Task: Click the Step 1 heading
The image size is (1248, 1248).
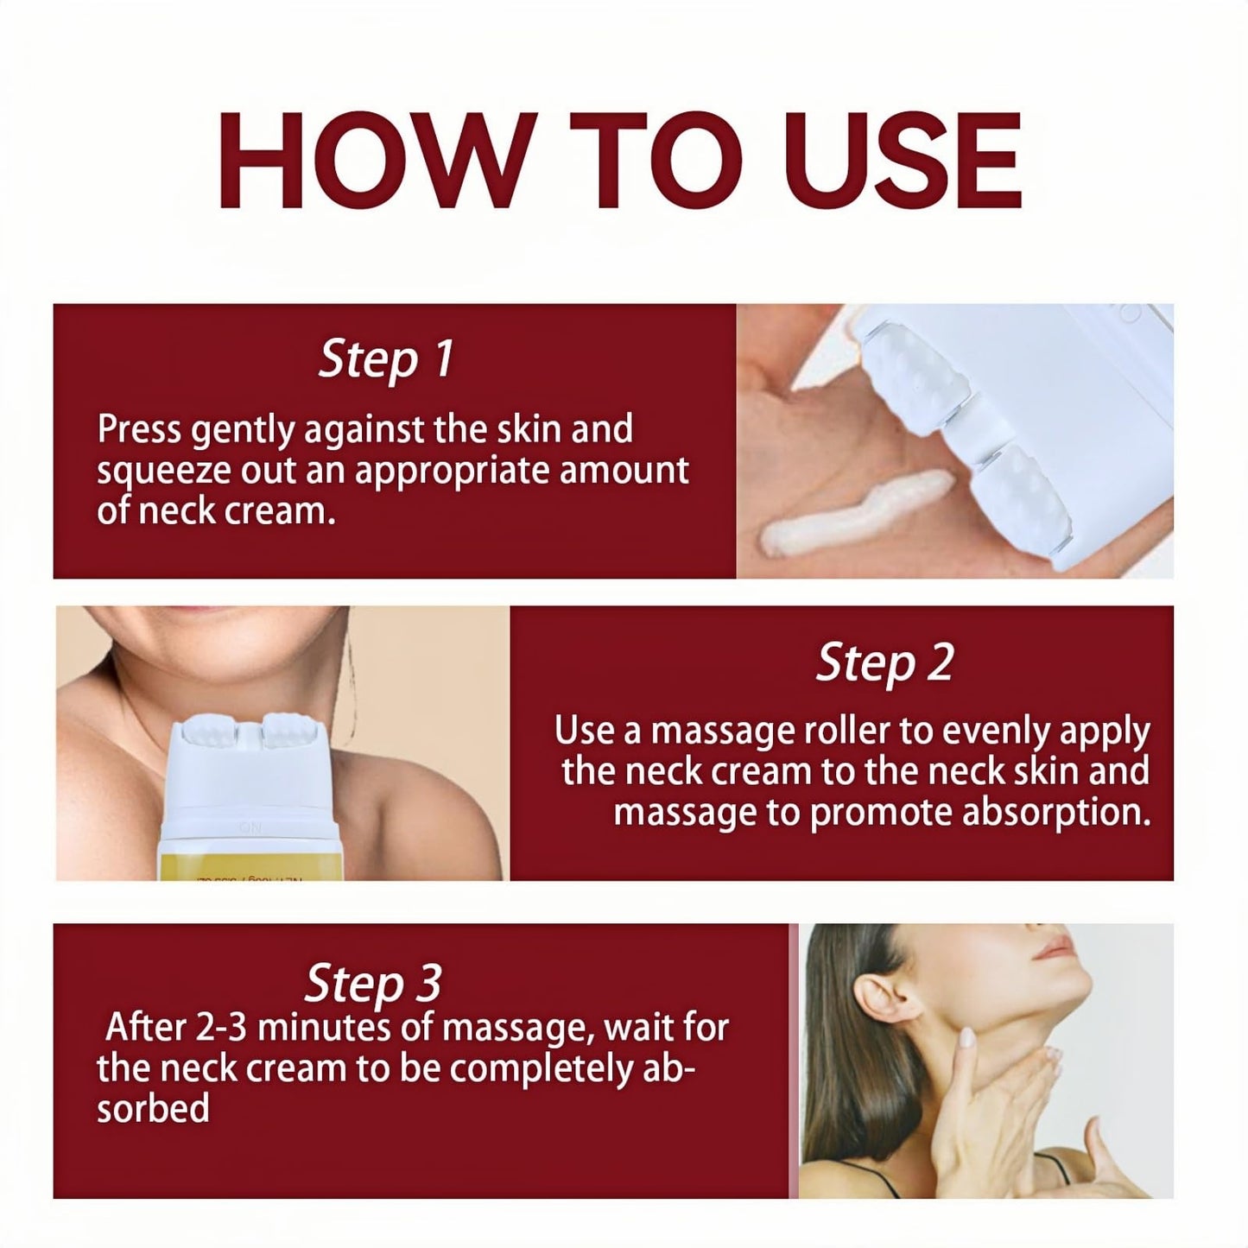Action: pyautogui.click(x=386, y=359)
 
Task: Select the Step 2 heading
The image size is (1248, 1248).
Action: pyautogui.click(x=884, y=663)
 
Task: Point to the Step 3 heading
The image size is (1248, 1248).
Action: pyautogui.click(x=373, y=983)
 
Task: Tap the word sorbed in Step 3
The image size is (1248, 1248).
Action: pyautogui.click(x=153, y=1109)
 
